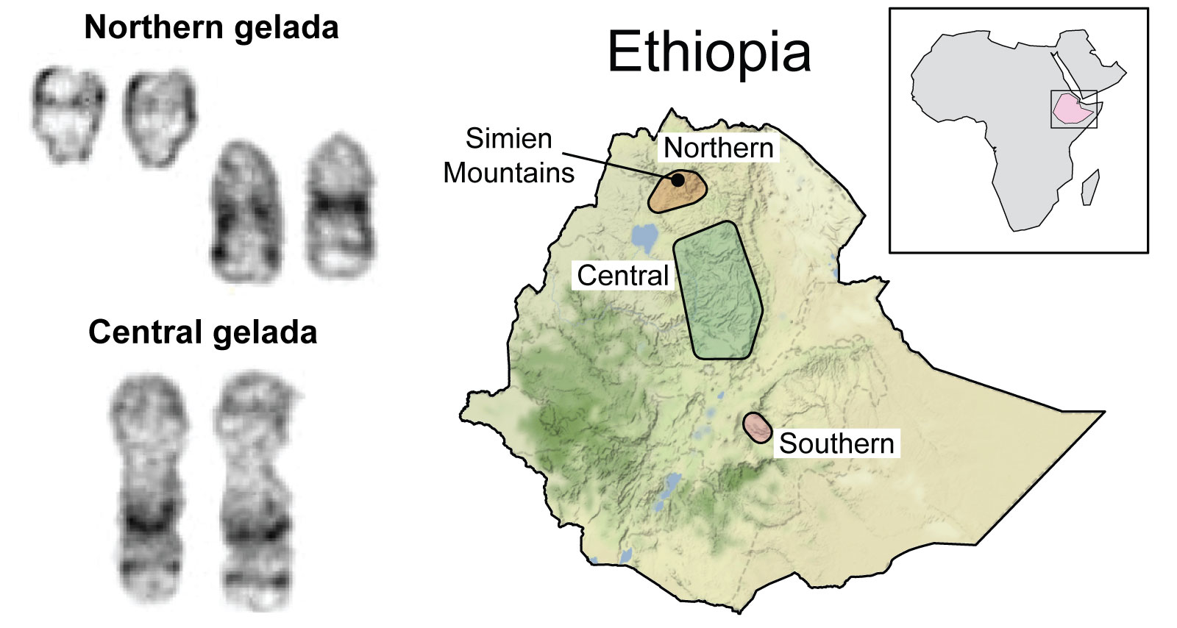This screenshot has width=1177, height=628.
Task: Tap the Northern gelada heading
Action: click(211, 28)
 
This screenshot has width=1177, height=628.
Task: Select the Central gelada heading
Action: click(202, 332)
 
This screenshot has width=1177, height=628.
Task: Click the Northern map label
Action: click(718, 148)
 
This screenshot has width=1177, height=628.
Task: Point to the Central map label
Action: click(622, 276)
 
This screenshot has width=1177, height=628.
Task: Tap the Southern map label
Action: click(836, 443)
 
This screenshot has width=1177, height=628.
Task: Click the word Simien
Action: click(508, 138)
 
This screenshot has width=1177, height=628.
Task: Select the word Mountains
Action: click(508, 173)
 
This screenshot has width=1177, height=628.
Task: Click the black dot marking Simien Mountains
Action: click(678, 179)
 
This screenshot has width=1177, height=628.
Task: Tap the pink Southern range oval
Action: click(757, 427)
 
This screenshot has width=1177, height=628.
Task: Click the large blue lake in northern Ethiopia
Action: click(645, 238)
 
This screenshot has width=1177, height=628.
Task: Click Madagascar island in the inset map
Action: click(1090, 187)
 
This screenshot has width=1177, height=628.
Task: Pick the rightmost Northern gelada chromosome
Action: click(340, 209)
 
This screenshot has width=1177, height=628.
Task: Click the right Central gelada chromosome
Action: click(255, 489)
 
